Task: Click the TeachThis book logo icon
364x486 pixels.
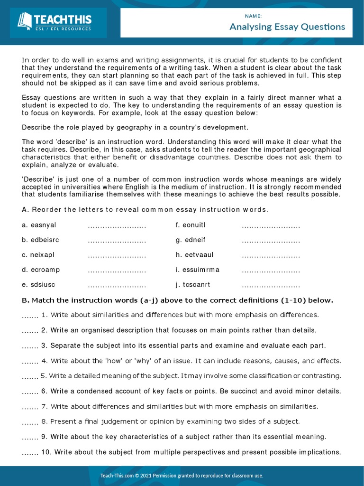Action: pyautogui.click(x=25, y=20)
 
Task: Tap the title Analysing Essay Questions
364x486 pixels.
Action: pyautogui.click(x=287, y=27)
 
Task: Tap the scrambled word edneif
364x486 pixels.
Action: pyautogui.click(x=194, y=240)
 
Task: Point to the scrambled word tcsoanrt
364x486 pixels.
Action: pyautogui.click(x=196, y=285)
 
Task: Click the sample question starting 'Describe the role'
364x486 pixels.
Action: pyautogui.click(x=135, y=127)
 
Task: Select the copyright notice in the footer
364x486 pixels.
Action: pyautogui.click(x=182, y=475)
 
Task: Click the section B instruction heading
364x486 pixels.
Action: pyautogui.click(x=178, y=300)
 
